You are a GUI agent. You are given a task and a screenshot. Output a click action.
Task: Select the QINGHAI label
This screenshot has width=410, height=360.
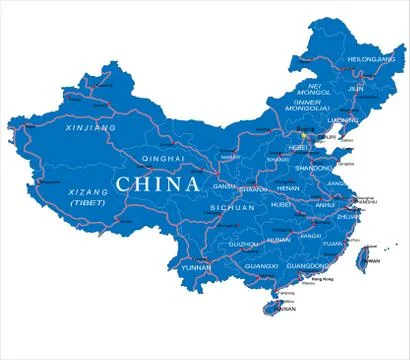pos(166,158)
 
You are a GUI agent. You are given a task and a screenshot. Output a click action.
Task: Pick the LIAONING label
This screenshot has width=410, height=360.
pos(344,120)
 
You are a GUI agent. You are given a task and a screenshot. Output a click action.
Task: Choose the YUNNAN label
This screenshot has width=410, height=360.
pos(195,268)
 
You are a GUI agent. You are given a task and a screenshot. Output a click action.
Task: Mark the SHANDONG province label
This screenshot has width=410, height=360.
pos(319,168)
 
